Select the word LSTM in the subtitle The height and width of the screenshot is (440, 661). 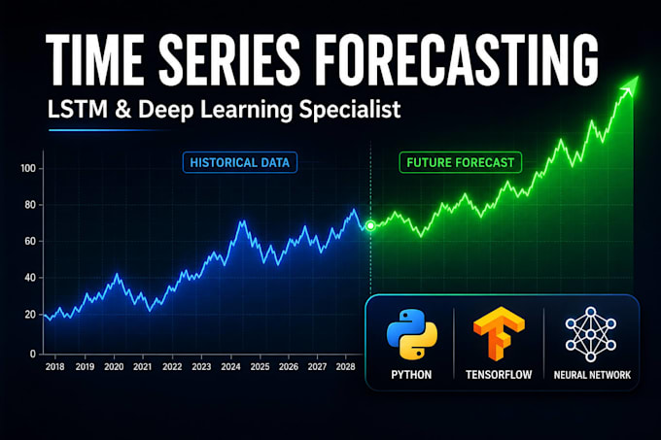(x=78, y=110)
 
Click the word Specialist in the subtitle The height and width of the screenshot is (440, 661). (x=350, y=111)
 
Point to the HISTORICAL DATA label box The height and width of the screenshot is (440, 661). (x=240, y=162)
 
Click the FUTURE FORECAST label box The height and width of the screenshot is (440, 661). (x=461, y=162)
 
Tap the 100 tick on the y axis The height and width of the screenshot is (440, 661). (x=28, y=168)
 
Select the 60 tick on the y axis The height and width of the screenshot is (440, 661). (x=30, y=241)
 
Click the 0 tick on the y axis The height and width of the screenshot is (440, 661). (x=33, y=355)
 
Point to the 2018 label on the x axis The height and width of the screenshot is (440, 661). (x=54, y=367)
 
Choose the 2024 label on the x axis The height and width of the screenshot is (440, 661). (x=230, y=367)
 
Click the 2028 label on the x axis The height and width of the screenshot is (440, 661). (x=346, y=367)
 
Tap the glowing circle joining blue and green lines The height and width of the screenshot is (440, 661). (x=370, y=225)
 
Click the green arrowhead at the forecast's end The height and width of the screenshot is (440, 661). (x=629, y=85)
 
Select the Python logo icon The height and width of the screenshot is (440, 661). (x=412, y=335)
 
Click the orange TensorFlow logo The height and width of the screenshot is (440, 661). (x=499, y=333)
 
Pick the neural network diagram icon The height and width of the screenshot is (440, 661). (x=591, y=334)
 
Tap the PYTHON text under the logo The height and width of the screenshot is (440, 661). (x=411, y=375)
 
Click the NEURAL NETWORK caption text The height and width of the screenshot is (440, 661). (x=592, y=375)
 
